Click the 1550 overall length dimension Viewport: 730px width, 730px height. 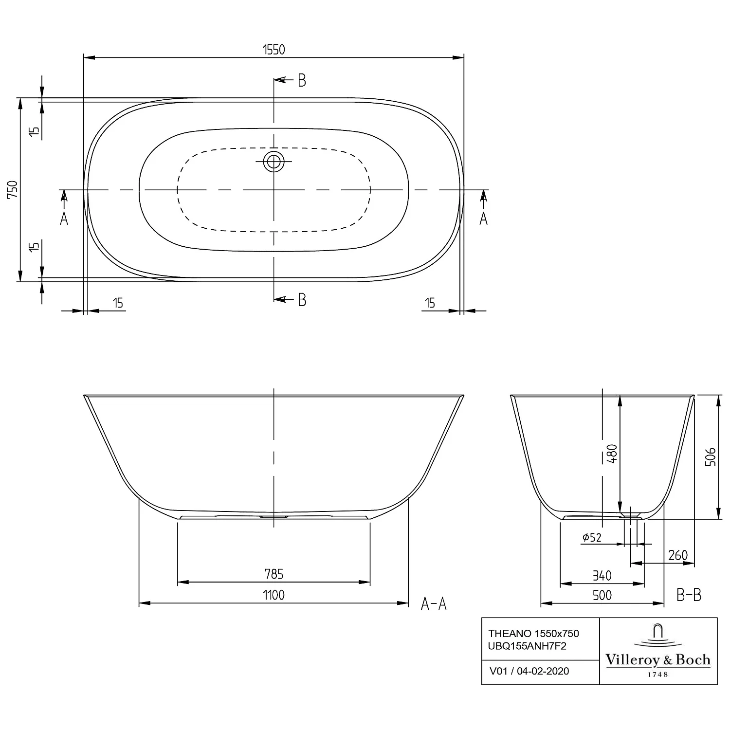(x=274, y=49)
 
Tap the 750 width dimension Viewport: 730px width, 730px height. (x=13, y=189)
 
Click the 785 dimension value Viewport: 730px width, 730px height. (x=274, y=574)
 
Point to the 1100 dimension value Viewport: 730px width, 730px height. (x=274, y=595)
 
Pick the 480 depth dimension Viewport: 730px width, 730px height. (x=612, y=453)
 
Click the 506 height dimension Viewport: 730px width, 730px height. (x=711, y=457)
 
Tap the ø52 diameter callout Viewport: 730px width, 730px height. (x=592, y=537)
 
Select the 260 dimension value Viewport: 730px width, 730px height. (x=678, y=555)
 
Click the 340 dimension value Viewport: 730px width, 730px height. (x=602, y=576)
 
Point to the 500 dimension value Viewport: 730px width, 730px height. (x=602, y=595)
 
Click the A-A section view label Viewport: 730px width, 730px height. (x=434, y=604)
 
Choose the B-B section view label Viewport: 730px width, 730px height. (x=689, y=594)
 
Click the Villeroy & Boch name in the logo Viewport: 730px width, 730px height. (x=658, y=660)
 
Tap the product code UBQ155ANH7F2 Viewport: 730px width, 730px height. (x=528, y=646)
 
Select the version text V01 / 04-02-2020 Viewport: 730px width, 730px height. (x=529, y=671)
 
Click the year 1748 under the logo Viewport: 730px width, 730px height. (x=658, y=675)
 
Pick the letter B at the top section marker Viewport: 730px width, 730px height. (x=302, y=80)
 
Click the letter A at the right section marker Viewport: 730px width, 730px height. (x=483, y=219)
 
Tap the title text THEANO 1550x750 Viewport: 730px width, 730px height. (x=534, y=633)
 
